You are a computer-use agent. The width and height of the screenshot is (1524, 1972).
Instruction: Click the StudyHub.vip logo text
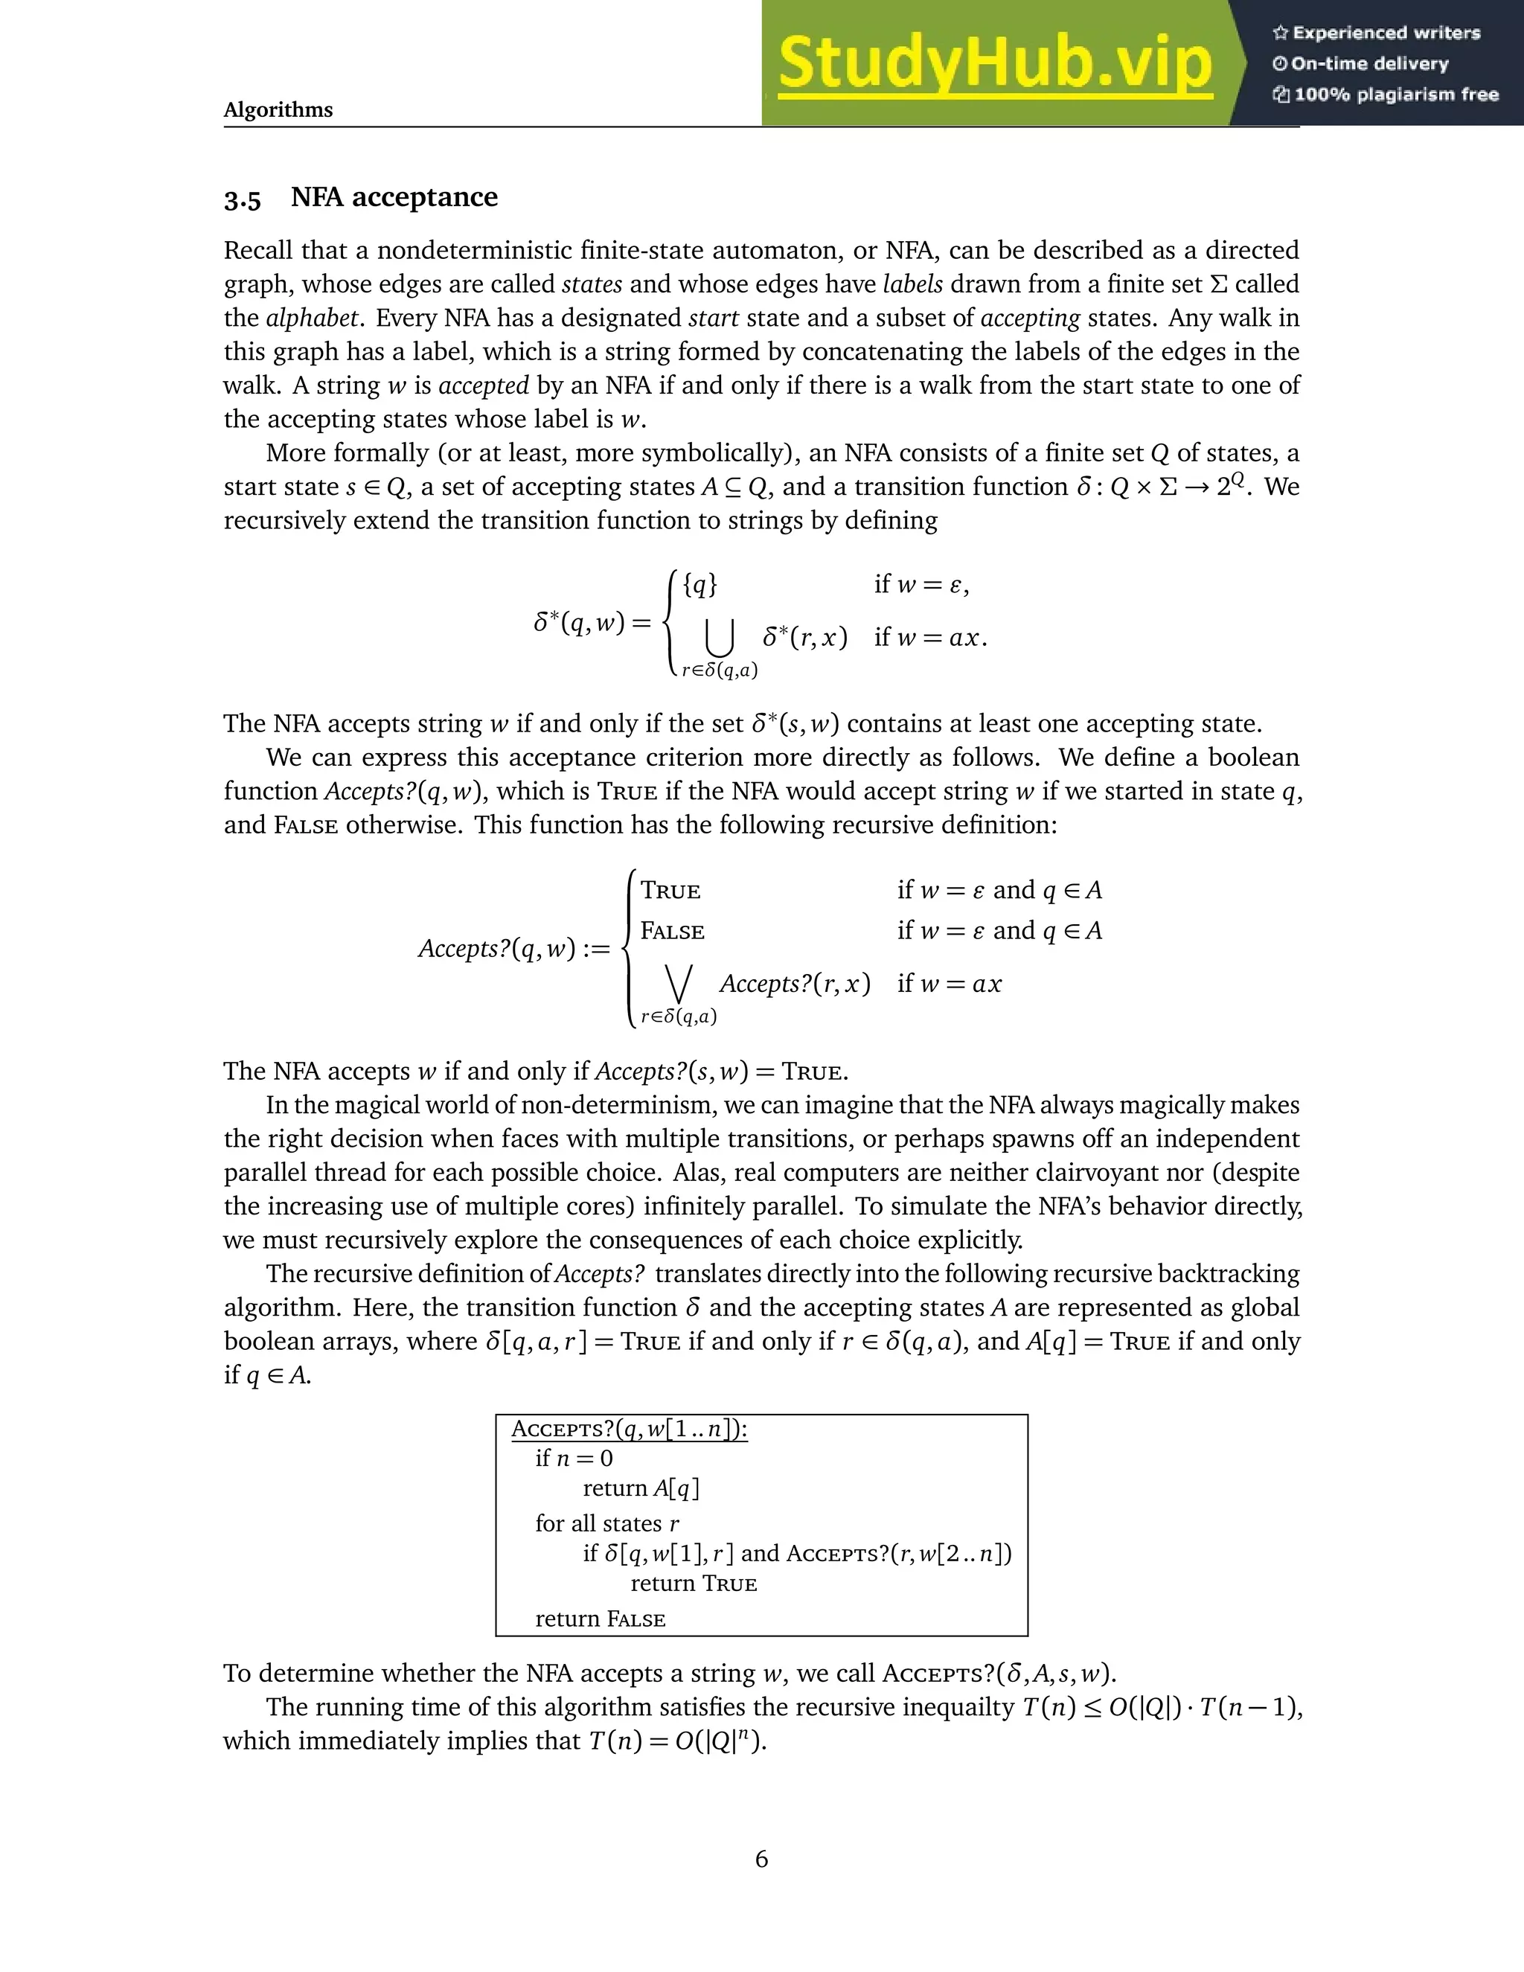pos(994,64)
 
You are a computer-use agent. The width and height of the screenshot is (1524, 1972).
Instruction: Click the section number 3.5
pos(242,199)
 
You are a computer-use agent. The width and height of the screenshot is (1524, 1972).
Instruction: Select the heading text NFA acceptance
pos(394,197)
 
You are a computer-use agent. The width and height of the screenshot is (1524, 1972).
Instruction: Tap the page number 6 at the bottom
pos(761,1858)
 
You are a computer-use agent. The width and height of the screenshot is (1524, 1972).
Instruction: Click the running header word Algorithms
pos(278,110)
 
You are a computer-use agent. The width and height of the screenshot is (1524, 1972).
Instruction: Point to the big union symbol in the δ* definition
pos(720,638)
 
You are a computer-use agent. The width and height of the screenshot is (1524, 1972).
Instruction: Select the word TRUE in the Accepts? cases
pos(670,891)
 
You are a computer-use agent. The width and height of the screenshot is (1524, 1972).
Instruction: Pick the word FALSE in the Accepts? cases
pos(672,931)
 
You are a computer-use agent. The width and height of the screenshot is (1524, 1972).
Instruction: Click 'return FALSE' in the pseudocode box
pos(601,1619)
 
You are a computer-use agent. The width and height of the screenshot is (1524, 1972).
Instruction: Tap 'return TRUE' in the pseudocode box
pos(694,1583)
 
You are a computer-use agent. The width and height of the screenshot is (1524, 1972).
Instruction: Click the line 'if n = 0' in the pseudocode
pos(574,1459)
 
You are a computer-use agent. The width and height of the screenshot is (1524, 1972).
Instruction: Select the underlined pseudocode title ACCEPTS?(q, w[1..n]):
pos(630,1430)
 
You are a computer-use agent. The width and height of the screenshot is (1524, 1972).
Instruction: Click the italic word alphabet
pos(313,318)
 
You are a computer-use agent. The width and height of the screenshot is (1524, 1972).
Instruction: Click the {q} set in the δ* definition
pos(699,585)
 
